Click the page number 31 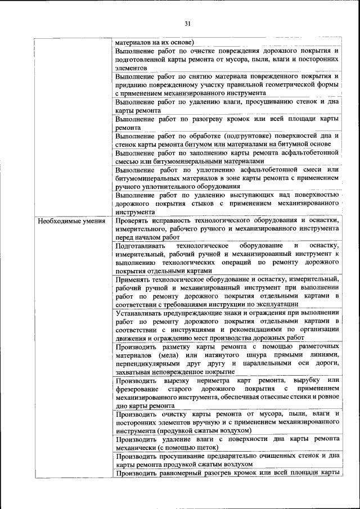(188, 23)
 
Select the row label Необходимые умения (72, 220)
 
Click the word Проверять (133, 220)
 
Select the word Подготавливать (142, 246)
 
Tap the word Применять (134, 279)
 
